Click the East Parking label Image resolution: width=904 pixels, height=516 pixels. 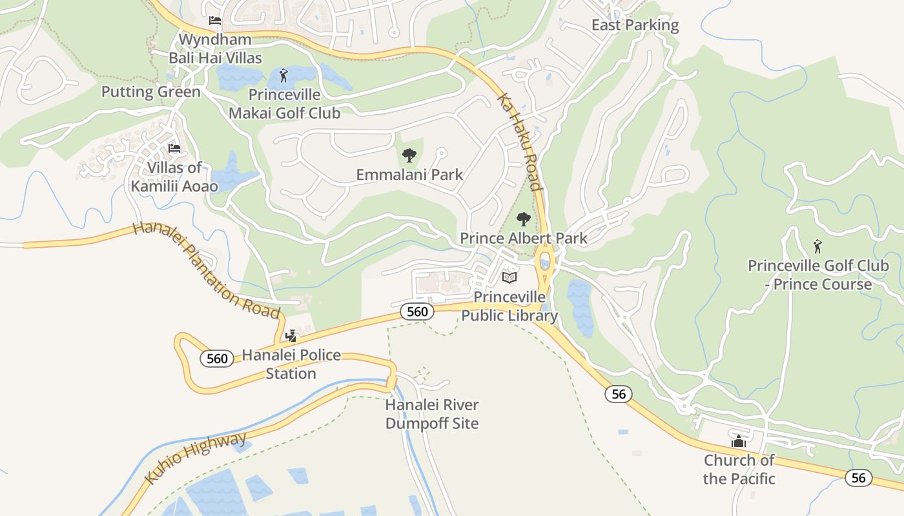pyautogui.click(x=635, y=25)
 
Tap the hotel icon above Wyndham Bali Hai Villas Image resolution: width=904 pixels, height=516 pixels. pyautogui.click(x=215, y=21)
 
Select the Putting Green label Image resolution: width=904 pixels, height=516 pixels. pyautogui.click(x=151, y=92)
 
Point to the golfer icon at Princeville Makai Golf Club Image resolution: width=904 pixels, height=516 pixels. pyautogui.click(x=283, y=75)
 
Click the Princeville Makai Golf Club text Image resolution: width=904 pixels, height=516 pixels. pyautogui.click(x=285, y=104)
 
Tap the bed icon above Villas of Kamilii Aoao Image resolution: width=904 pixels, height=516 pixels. pyautogui.click(x=174, y=148)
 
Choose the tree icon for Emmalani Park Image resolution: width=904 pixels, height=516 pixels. pyautogui.click(x=409, y=155)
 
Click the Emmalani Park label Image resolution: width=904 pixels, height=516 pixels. pyautogui.click(x=409, y=174)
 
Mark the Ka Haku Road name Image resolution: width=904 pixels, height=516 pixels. pyautogui.click(x=520, y=143)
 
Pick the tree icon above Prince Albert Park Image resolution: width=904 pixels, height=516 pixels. pyautogui.click(x=524, y=219)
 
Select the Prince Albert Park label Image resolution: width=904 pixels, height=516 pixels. pyautogui.click(x=524, y=238)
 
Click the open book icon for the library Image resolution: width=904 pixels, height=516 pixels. pyautogui.click(x=509, y=277)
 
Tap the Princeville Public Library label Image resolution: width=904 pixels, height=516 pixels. pyautogui.click(x=509, y=306)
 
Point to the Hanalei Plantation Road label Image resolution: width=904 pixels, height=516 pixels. pyautogui.click(x=207, y=270)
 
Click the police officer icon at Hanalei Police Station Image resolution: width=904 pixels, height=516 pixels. pyautogui.click(x=291, y=335)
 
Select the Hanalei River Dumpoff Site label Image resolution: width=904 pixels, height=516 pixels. pyautogui.click(x=432, y=414)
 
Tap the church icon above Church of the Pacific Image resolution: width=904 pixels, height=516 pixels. pyautogui.click(x=739, y=441)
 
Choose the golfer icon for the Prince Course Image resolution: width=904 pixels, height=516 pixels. pyautogui.click(x=818, y=246)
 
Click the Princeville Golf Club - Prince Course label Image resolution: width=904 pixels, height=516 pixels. pyautogui.click(x=818, y=275)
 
